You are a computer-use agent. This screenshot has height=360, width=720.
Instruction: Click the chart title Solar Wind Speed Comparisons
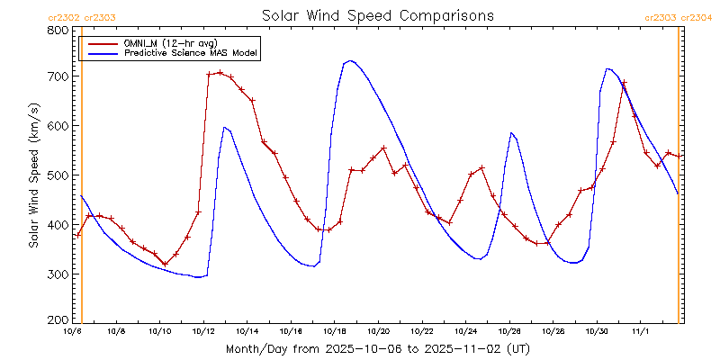click(x=377, y=16)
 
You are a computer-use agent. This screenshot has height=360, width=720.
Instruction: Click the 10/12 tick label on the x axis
click(x=203, y=331)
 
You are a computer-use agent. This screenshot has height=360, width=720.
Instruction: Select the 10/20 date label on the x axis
click(x=377, y=331)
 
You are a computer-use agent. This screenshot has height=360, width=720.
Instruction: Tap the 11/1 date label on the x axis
click(x=641, y=331)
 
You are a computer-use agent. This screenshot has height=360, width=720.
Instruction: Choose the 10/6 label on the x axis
click(x=72, y=331)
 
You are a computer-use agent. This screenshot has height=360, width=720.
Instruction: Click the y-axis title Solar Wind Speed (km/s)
click(x=33, y=175)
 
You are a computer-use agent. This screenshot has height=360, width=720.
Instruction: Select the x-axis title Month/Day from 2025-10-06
click(x=377, y=347)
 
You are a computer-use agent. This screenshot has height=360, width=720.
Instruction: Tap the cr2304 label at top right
click(x=697, y=17)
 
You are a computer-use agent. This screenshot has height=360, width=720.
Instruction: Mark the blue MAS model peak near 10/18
click(x=350, y=61)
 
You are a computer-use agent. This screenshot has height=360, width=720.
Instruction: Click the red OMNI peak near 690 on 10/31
click(x=624, y=83)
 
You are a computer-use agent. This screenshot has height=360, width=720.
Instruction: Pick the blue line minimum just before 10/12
click(x=198, y=277)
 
